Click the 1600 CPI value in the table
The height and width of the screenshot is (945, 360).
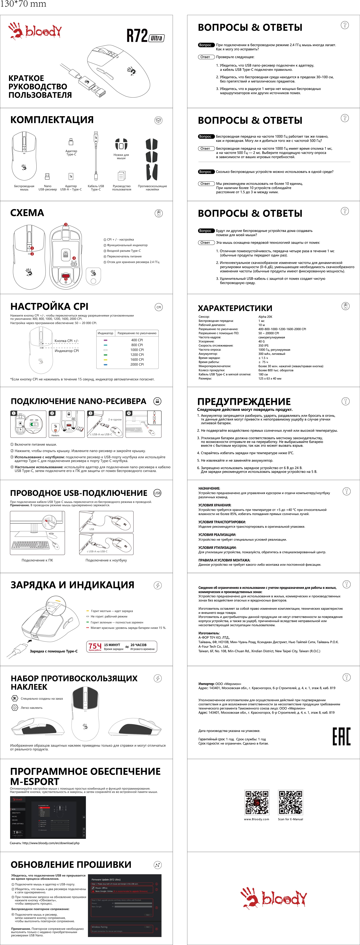coord(137,359)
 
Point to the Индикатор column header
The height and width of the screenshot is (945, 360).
coord(105,333)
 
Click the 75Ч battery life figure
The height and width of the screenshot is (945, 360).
coord(95,646)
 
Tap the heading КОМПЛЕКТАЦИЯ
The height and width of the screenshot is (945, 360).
coord(52,120)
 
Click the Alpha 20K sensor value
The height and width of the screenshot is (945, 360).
coord(265,317)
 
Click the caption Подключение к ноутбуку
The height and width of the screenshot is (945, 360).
coord(106,560)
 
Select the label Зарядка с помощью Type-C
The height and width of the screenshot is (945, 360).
coord(54,651)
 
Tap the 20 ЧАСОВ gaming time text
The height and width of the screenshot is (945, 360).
coord(138,645)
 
